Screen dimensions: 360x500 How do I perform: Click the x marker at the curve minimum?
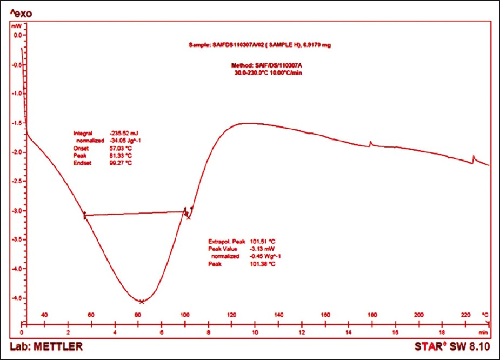pos(142,302)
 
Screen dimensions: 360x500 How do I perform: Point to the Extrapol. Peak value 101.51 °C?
pos(259,241)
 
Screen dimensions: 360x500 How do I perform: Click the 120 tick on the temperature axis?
pos(232,314)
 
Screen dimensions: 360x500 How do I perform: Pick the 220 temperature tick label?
pos(466,314)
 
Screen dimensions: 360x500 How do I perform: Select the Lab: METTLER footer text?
pos(46,346)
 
